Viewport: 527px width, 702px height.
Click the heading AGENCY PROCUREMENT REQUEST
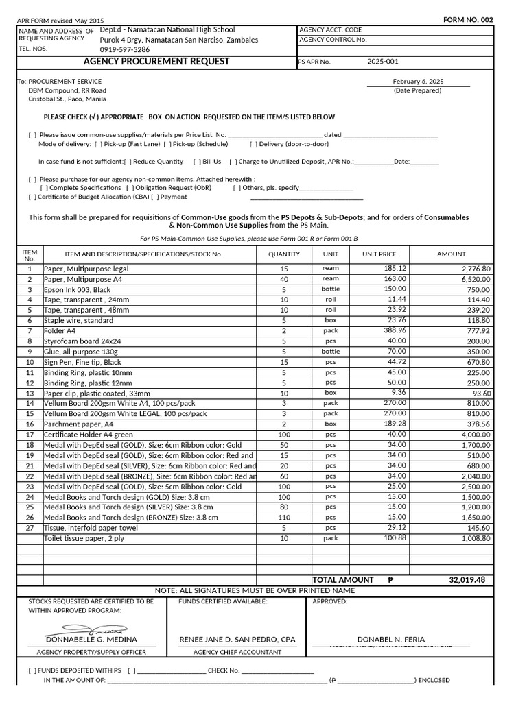click(x=156, y=62)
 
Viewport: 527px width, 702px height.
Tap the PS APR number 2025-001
click(x=382, y=62)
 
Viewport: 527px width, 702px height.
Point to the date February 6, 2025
click(x=418, y=81)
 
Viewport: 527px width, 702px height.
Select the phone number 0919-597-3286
click(x=125, y=49)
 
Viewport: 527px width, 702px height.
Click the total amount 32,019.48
click(x=467, y=580)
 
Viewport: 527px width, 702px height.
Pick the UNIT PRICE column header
click(x=379, y=254)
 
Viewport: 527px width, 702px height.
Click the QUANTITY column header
click(x=284, y=254)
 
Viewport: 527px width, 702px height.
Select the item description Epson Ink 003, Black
click(x=77, y=290)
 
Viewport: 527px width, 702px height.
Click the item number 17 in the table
click(x=30, y=435)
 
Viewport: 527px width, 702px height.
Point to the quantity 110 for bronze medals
click(x=284, y=518)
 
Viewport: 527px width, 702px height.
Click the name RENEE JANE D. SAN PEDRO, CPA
click(x=237, y=639)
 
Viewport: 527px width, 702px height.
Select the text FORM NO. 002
click(x=468, y=19)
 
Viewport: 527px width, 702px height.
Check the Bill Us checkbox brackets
click(x=197, y=162)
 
